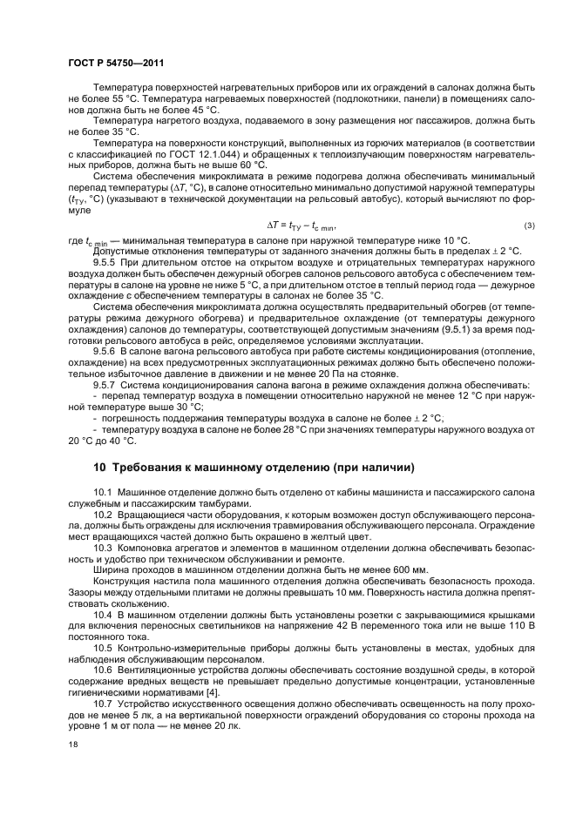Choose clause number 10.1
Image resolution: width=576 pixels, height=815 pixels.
(105, 493)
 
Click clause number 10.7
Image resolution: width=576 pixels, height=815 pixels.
(105, 703)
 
